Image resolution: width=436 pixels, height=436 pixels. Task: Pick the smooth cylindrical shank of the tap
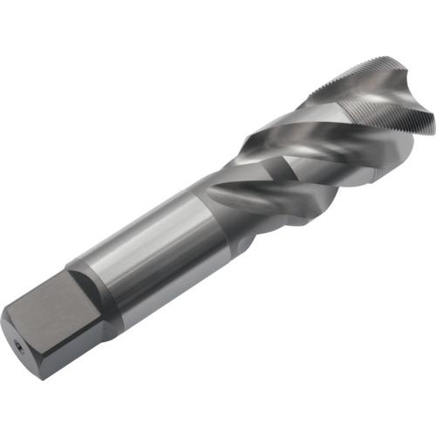pyautogui.click(x=157, y=253)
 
